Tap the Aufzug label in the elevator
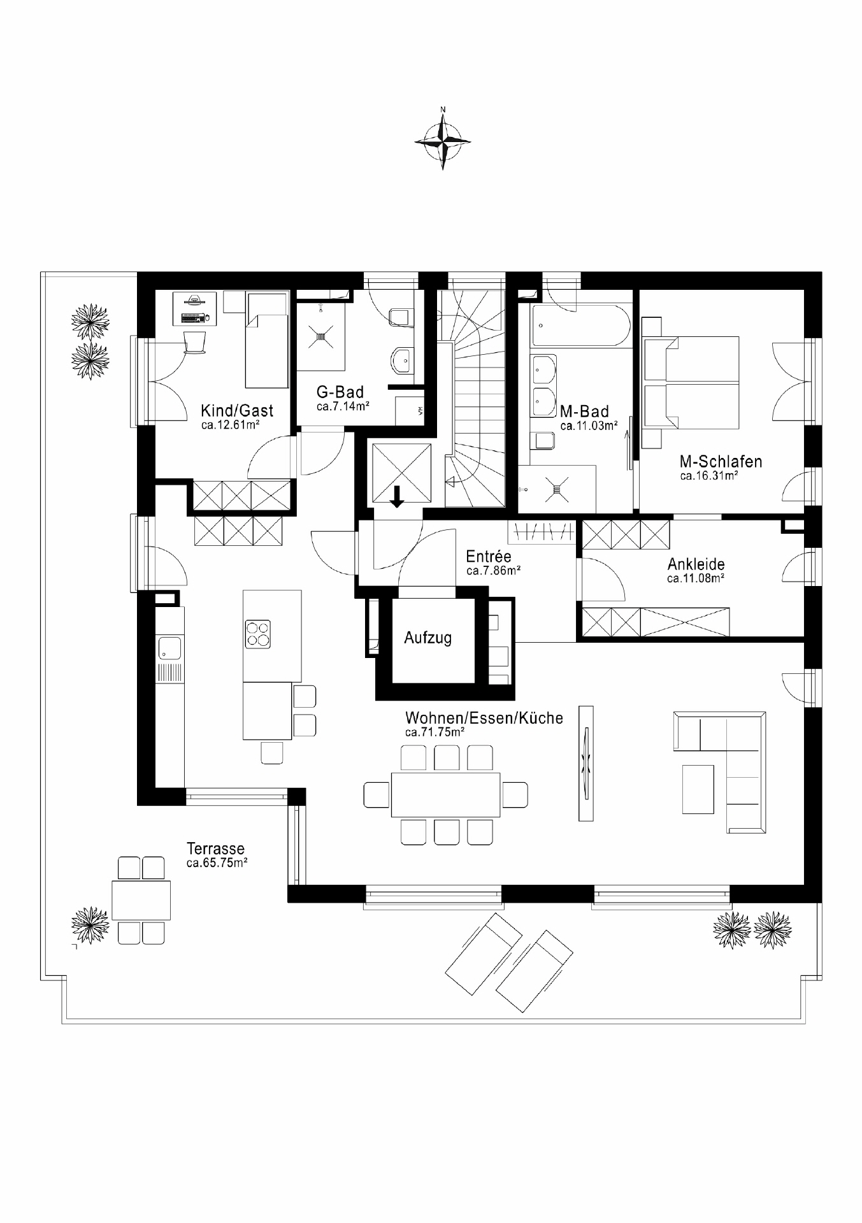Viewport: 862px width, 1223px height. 428,638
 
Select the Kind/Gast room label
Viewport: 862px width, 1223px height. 237,411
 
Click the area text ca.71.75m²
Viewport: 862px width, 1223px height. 435,733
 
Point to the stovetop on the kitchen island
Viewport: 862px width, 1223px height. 257,634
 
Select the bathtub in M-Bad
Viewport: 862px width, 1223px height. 577,325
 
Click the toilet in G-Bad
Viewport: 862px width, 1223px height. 399,317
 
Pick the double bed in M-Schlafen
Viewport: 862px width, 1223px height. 692,383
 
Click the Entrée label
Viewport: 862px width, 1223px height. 489,556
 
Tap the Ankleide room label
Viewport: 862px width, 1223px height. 696,564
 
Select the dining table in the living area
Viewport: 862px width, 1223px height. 445,794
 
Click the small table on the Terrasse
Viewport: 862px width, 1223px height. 141,899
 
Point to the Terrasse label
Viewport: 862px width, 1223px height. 215,848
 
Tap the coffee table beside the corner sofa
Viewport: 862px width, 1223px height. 698,789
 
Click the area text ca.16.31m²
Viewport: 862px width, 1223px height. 708,475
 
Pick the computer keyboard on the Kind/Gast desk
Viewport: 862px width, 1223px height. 195,317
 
